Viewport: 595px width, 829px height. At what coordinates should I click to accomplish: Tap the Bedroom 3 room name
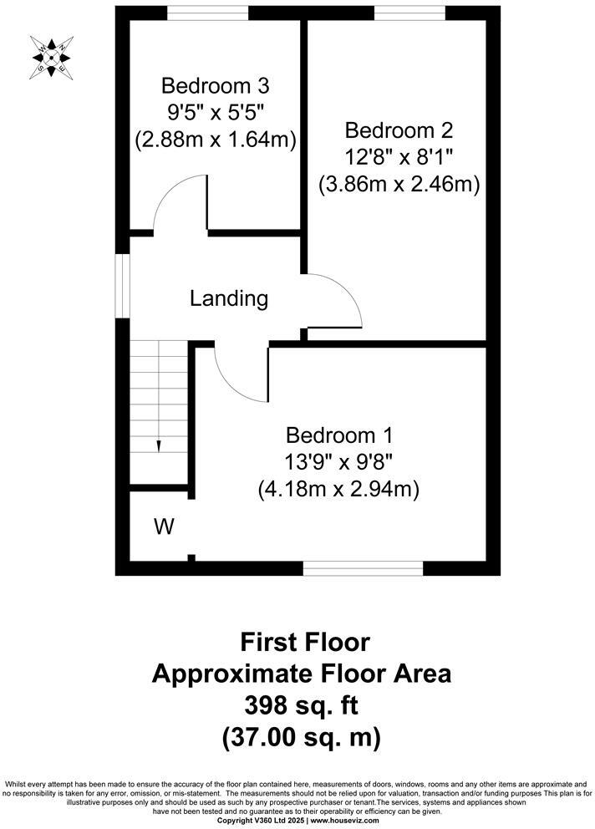point(216,86)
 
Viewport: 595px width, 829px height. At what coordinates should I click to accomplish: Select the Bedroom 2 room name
point(399,130)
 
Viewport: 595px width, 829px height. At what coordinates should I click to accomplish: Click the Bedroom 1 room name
point(338,435)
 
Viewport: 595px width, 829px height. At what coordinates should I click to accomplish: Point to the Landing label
point(228,298)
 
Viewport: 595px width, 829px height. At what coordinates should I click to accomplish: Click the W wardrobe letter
point(164,526)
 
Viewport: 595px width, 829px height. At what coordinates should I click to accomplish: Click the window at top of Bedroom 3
point(207,12)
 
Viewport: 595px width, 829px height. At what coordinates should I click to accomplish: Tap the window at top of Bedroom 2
point(409,12)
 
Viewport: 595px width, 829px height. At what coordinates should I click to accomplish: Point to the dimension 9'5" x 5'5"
point(216,113)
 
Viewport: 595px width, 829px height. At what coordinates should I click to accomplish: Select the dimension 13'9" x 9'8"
point(338,461)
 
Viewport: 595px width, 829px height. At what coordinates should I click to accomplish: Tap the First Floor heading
point(304,642)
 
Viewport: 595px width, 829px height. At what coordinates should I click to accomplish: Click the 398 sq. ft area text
point(301,706)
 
